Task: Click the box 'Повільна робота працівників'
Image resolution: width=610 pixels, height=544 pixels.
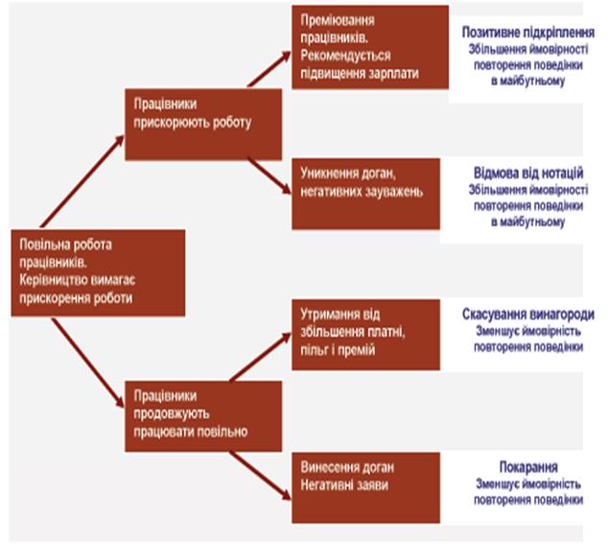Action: pyautogui.click(x=83, y=270)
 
